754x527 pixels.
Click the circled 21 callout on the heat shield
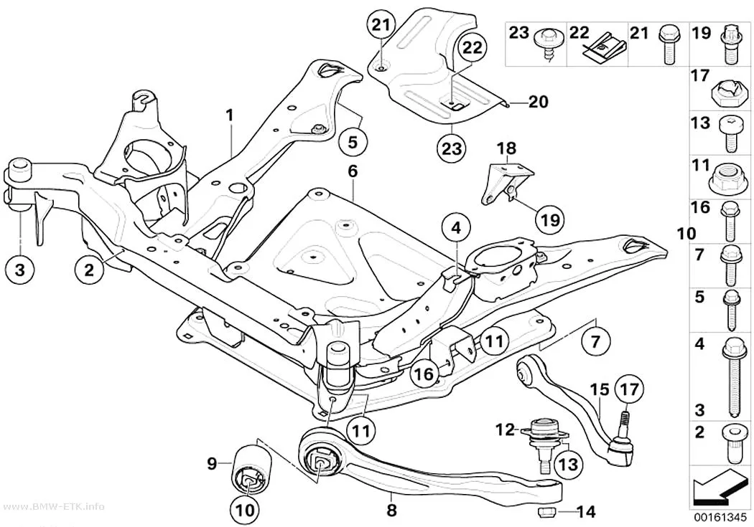[x=381, y=25]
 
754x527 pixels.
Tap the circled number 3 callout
[x=19, y=270]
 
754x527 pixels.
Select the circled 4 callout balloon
[x=456, y=229]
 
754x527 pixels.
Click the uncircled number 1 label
[x=231, y=115]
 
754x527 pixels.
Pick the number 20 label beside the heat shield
[x=538, y=102]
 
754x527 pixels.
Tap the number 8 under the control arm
[x=392, y=510]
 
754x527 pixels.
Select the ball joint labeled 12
[x=545, y=441]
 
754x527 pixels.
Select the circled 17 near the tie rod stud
[x=628, y=389]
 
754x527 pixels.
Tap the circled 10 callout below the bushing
[x=246, y=510]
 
